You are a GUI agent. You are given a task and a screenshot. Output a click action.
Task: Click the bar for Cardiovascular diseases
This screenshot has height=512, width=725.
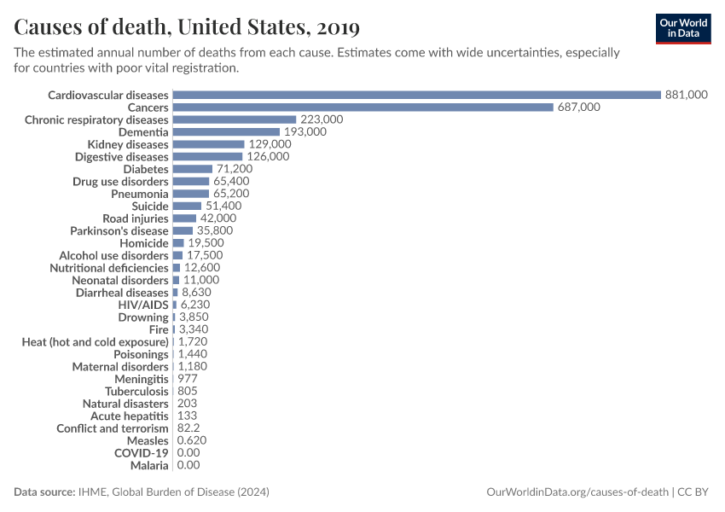click(416, 95)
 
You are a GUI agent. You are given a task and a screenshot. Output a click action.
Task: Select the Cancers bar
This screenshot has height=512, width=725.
click(362, 108)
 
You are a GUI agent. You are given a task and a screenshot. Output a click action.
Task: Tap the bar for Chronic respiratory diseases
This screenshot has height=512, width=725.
click(234, 119)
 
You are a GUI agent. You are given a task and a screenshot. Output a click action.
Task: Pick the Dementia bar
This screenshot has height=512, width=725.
click(226, 132)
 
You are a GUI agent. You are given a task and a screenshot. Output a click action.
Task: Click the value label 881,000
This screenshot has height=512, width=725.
click(686, 95)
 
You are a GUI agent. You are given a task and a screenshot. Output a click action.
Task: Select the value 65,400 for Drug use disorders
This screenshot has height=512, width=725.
click(230, 182)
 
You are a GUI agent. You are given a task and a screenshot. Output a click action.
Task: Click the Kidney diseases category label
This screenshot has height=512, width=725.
click(128, 144)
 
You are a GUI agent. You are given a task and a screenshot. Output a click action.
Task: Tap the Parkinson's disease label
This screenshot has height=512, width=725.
click(119, 230)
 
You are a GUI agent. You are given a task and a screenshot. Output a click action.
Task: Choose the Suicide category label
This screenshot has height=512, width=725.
click(150, 207)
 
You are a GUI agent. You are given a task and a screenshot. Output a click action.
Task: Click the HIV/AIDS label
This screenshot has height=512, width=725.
click(143, 305)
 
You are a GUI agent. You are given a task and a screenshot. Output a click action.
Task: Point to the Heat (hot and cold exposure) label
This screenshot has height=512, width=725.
click(95, 341)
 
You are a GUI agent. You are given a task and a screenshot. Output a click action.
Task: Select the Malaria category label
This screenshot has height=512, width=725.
click(149, 465)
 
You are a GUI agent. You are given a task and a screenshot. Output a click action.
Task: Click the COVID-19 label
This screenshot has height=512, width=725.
click(142, 452)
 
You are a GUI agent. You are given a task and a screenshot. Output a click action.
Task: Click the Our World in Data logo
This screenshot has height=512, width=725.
click(682, 28)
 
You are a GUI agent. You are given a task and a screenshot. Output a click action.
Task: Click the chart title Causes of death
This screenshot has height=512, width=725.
click(187, 27)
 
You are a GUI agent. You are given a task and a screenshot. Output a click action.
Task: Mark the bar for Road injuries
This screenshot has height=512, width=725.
click(184, 218)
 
